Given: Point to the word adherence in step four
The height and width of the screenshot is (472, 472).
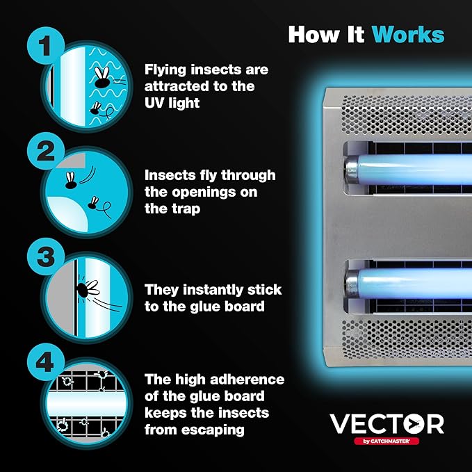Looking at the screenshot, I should (x=245, y=380).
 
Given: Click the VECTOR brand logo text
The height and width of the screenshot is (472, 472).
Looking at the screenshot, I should (x=386, y=423).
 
